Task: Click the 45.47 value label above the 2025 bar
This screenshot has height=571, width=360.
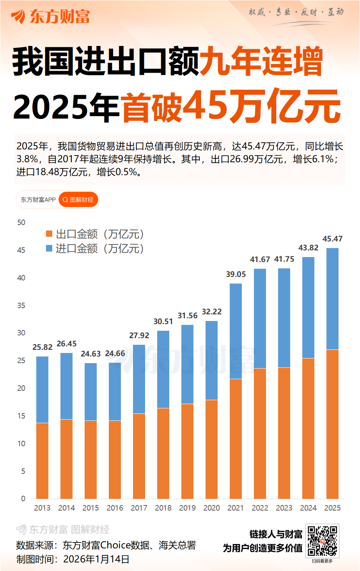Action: click(332, 239)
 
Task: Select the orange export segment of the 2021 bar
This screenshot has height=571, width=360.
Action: click(236, 438)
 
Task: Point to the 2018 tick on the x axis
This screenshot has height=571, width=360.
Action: click(163, 508)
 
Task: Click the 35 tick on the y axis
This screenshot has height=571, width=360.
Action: click(21, 305)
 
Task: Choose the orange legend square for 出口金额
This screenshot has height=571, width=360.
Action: click(49, 234)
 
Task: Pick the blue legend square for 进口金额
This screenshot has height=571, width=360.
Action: click(49, 248)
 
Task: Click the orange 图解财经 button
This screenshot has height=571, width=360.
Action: click(78, 200)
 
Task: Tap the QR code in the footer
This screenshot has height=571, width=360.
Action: click(322, 541)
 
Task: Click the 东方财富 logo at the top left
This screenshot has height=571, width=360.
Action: click(51, 16)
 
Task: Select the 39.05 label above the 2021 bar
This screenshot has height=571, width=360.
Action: click(236, 274)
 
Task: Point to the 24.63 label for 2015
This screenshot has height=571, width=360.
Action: click(90, 354)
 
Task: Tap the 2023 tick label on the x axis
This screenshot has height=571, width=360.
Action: click(284, 508)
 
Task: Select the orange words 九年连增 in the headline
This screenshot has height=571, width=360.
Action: click(261, 62)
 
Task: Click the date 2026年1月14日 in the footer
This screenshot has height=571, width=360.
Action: click(96, 559)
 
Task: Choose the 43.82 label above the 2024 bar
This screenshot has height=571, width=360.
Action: click(308, 248)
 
